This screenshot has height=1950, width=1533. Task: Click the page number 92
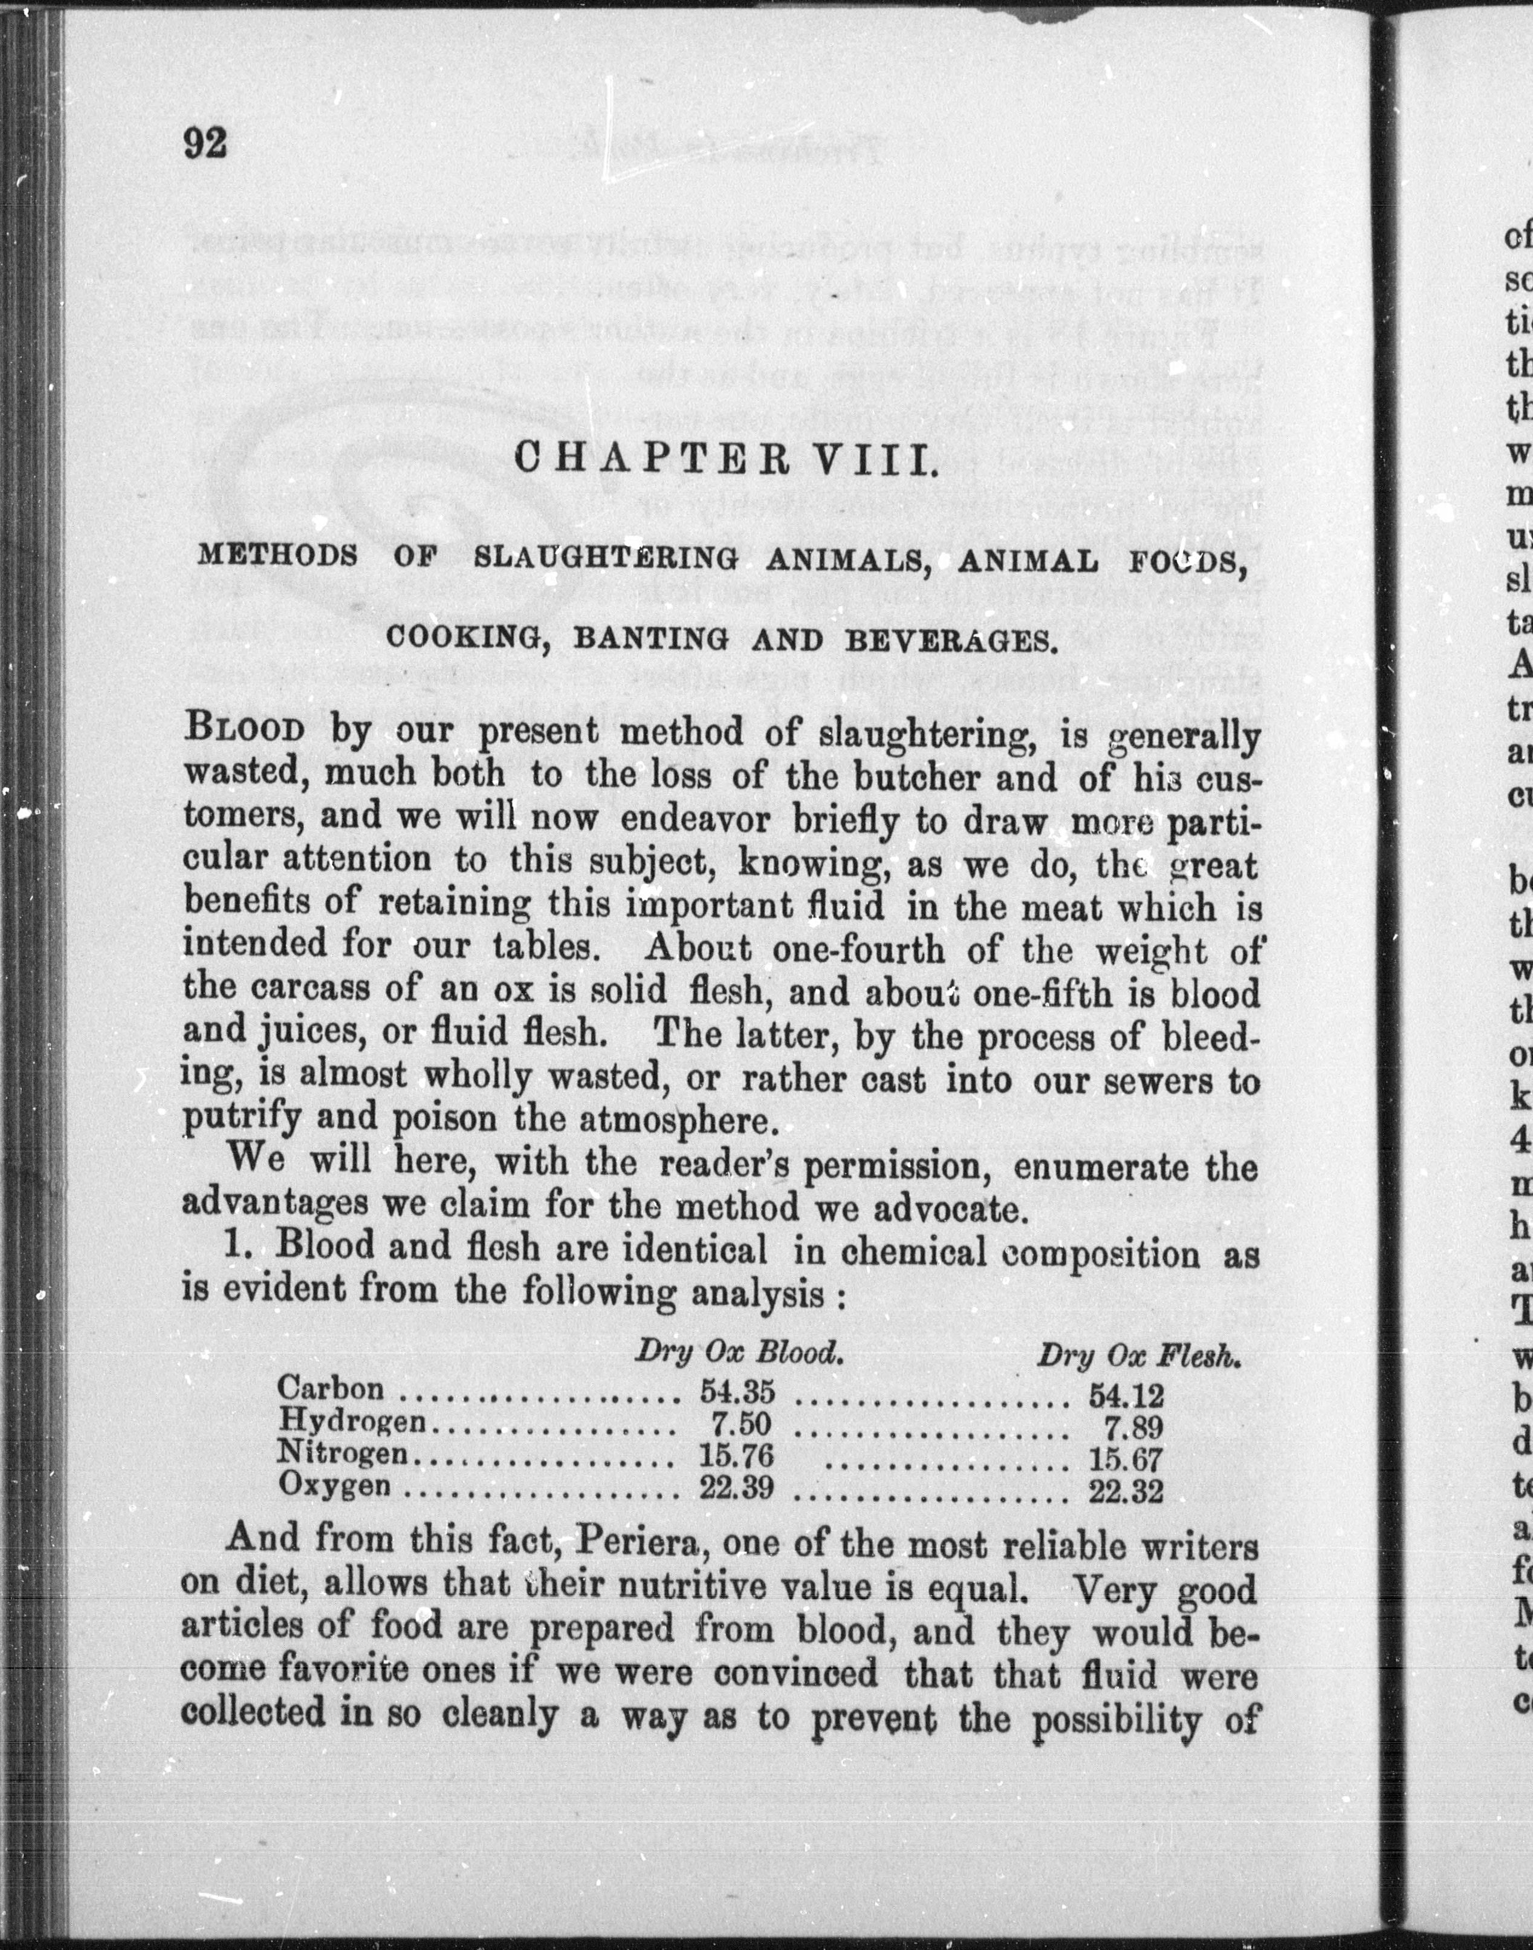pos(206,143)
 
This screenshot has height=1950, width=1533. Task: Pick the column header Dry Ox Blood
pos(739,1352)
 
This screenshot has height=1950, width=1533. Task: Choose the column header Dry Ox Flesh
pos(1138,1355)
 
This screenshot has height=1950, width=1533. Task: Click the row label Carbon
pos(331,1388)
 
